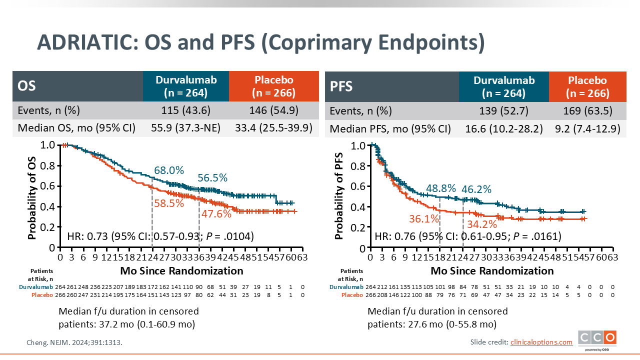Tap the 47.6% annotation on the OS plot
pos(216,214)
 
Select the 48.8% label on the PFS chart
pos(441,188)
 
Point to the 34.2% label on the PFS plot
pos(482,224)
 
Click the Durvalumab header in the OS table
pos(185,86)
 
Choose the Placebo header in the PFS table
pos(587,86)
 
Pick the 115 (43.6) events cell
pos(185,110)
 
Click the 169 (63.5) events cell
pos(587,110)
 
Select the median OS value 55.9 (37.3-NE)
pos(185,127)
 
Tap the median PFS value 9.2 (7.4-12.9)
pos(587,128)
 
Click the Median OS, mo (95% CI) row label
pos(76,127)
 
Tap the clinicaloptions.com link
pos(541,342)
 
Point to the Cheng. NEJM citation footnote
pos(74,343)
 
